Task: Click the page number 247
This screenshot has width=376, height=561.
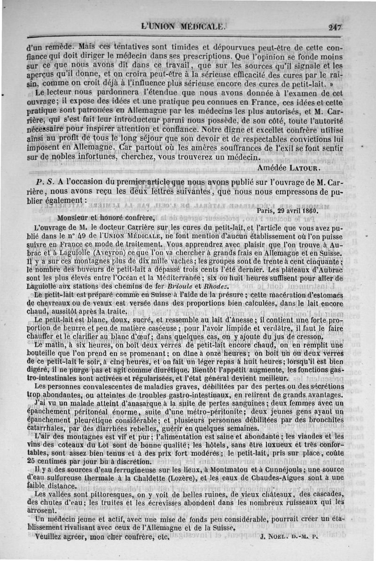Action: pyautogui.click(x=336, y=27)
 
